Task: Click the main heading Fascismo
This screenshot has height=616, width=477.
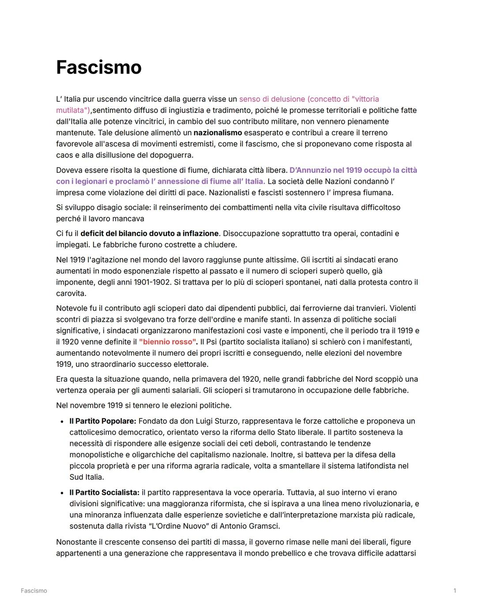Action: [x=98, y=67]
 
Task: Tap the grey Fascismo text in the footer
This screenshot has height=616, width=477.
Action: [x=34, y=590]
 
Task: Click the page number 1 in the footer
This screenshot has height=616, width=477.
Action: [x=454, y=590]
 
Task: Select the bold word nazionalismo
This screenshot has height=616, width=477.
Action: [x=218, y=133]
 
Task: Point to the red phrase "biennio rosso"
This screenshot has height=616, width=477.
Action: [x=167, y=342]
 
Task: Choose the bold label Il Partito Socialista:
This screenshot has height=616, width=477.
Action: [x=104, y=493]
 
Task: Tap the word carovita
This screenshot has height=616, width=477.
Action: [x=71, y=293]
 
